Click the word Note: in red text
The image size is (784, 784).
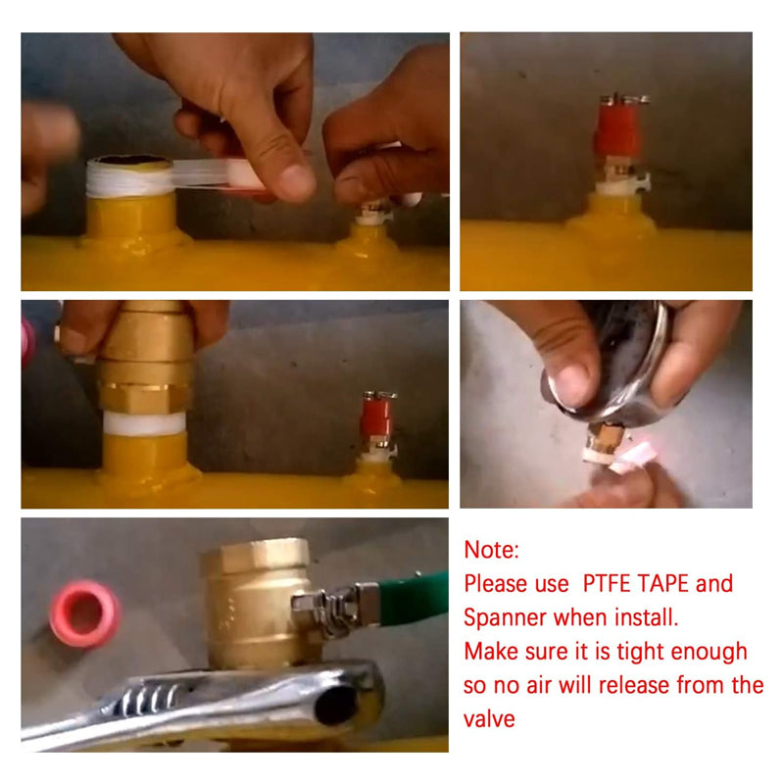pyautogui.click(x=492, y=550)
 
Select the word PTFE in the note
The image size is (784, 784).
pyautogui.click(x=605, y=583)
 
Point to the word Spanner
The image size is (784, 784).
pyautogui.click(x=504, y=618)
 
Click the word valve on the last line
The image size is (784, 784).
pyautogui.click(x=489, y=719)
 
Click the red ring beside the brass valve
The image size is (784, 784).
pyautogui.click(x=84, y=613)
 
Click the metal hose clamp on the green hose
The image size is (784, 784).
pyautogui.click(x=341, y=607)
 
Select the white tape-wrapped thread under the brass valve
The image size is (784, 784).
pyautogui.click(x=144, y=422)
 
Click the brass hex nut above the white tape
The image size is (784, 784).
pyautogui.click(x=144, y=398)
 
